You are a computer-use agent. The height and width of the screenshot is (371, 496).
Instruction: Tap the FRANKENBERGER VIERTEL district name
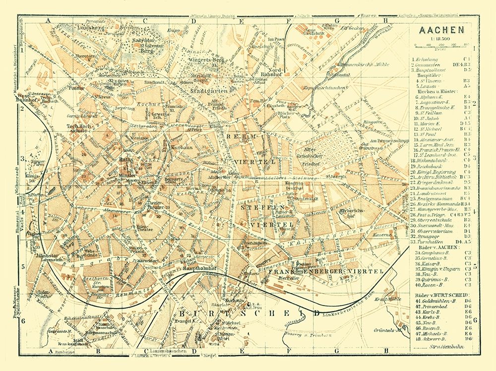(325, 272)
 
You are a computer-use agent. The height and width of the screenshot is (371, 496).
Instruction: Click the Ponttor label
(78, 87)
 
